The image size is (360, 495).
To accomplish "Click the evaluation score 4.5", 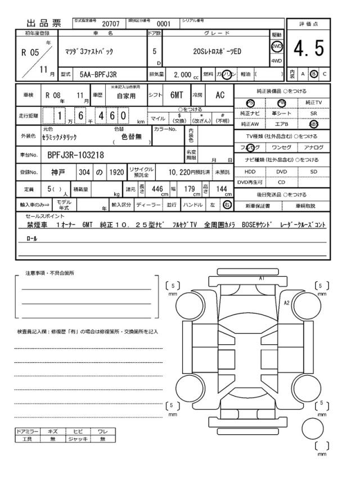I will [309, 49].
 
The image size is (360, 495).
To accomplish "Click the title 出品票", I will [44, 24].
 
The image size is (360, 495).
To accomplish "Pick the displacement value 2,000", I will [183, 74].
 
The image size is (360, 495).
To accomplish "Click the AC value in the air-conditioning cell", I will [220, 96].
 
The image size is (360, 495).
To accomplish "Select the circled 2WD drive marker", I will [277, 46].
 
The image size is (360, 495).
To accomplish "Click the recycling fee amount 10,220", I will [182, 171].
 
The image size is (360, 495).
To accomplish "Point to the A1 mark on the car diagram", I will [262, 278].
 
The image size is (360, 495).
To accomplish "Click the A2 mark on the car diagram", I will [287, 303].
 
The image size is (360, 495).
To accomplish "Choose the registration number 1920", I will [117, 171].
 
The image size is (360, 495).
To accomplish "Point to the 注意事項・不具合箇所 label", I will [49, 273].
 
